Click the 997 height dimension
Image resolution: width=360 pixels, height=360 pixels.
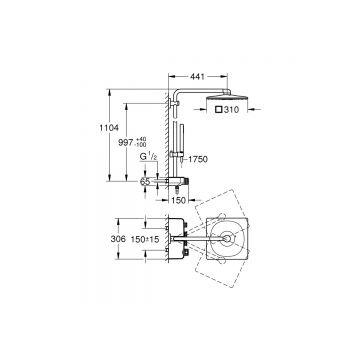124,144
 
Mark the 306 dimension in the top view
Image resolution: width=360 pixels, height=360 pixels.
117,240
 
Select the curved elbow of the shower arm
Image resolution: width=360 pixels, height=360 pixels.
177,96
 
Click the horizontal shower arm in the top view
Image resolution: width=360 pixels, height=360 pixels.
210,240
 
